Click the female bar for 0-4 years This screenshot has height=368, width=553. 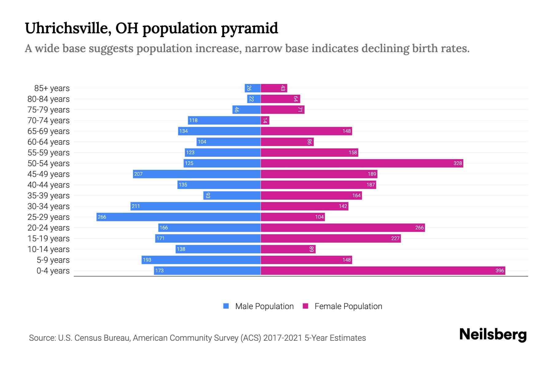383,270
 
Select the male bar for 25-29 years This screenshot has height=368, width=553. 178,217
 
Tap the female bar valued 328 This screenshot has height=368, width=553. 362,163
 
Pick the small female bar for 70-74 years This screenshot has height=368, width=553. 265,120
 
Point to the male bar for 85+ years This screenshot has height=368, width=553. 253,88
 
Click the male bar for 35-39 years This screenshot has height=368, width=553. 232,195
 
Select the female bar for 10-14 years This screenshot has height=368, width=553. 288,249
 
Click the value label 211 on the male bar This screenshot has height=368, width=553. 136,206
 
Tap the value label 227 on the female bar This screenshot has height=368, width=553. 395,238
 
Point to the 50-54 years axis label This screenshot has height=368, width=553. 49,163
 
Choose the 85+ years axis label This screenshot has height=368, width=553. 52,88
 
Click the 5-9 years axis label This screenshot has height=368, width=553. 53,260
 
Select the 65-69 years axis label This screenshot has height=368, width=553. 49,131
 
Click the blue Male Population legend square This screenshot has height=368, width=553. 226,306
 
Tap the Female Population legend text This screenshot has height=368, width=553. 348,306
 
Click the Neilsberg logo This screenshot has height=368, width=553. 493,334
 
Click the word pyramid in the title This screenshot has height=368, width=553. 249,28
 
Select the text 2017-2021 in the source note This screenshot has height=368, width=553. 283,338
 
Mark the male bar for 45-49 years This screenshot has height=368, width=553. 197,174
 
